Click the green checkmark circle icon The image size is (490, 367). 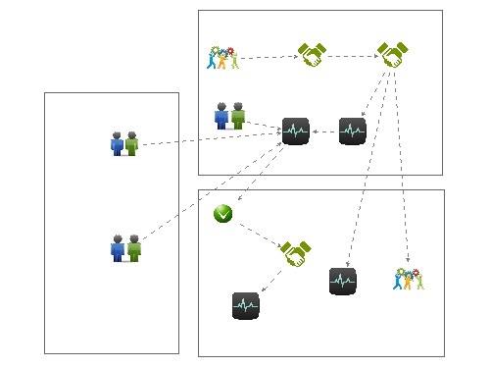223,214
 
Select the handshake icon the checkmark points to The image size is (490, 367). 295,253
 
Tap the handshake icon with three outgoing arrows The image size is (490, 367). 392,55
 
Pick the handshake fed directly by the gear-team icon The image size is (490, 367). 312,55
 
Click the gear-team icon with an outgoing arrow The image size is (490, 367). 221,59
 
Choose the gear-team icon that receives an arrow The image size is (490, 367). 409,279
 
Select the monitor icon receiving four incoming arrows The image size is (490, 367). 295,131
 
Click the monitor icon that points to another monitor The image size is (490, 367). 353,131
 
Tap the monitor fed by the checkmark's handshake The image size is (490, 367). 246,305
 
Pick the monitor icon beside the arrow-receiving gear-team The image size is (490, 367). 343,281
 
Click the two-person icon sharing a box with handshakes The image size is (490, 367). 229,116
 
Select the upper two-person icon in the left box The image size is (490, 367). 124,143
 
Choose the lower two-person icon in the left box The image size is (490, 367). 125,248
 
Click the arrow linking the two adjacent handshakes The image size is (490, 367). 352,56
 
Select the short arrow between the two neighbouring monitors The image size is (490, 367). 324,131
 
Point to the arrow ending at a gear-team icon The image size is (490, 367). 403,167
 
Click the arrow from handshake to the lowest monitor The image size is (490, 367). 271,279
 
